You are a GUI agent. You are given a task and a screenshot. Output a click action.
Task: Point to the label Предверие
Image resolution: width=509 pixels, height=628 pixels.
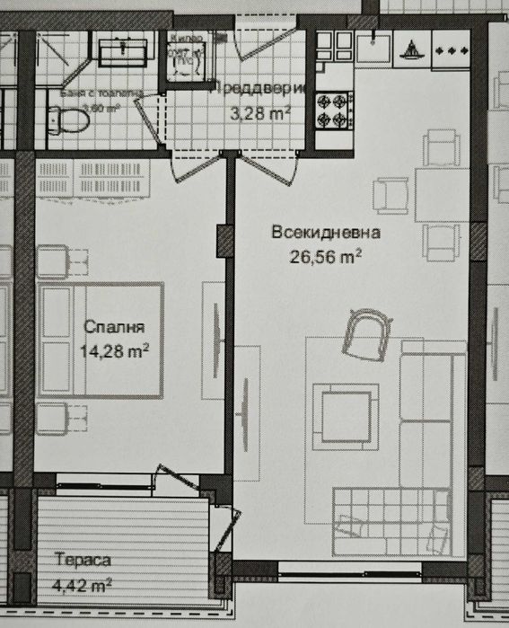[x=260, y=88]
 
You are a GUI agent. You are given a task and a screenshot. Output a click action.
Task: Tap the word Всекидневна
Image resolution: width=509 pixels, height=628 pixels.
[x=326, y=233]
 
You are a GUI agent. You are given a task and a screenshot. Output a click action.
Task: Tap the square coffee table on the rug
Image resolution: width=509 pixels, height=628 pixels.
[x=346, y=414]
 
